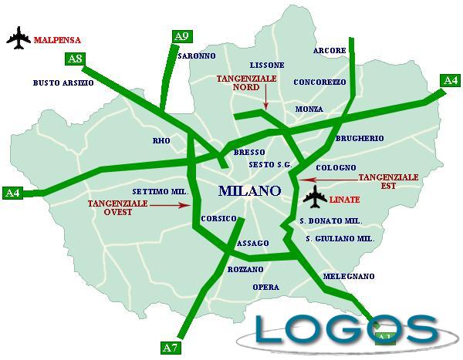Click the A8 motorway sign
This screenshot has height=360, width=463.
76,59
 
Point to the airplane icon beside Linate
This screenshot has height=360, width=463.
314,198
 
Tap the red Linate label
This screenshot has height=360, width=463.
344,200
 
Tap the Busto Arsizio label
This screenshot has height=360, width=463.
63,82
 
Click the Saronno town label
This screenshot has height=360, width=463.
195,57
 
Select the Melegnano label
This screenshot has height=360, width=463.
348,276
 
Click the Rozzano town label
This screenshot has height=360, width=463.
245,269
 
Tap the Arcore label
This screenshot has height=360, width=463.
330,51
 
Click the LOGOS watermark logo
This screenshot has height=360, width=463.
346,328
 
